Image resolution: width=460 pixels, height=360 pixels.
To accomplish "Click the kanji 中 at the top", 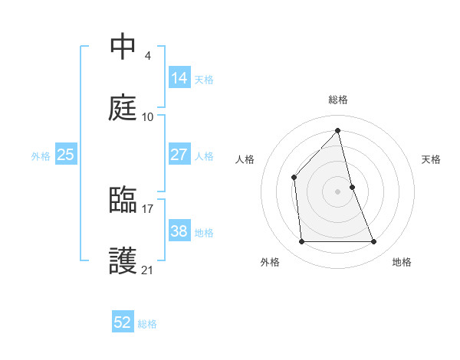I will pyautogui.click(x=123, y=47).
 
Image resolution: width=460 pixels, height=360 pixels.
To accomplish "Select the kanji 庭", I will pyautogui.click(x=123, y=108).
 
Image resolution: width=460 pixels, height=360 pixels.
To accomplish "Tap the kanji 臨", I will pyautogui.click(x=123, y=200).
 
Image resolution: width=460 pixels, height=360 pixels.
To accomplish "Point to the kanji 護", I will pyautogui.click(x=123, y=261).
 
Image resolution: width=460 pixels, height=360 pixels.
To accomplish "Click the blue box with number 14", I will pyautogui.click(x=179, y=77).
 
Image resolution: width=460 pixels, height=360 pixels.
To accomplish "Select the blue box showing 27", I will pyautogui.click(x=179, y=154).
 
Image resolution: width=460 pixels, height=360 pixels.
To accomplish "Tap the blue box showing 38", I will pyautogui.click(x=179, y=231).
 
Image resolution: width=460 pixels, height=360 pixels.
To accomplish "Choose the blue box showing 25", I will pyautogui.click(x=66, y=154).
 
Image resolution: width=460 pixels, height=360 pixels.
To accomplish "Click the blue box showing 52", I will pyautogui.click(x=123, y=322).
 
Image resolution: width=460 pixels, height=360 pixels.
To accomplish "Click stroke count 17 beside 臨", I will pyautogui.click(x=148, y=208).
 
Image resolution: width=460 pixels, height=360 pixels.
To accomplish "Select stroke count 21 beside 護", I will pyautogui.click(x=148, y=270).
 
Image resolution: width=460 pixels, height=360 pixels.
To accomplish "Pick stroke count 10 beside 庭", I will pyautogui.click(x=148, y=116).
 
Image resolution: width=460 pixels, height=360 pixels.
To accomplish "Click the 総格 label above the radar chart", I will pyautogui.click(x=338, y=100).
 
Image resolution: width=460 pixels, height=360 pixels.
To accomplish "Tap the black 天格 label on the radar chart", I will pyautogui.click(x=431, y=159).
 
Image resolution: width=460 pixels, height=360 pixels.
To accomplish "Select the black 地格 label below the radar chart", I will pyautogui.click(x=402, y=262).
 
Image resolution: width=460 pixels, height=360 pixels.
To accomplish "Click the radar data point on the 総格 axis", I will pyautogui.click(x=337, y=130).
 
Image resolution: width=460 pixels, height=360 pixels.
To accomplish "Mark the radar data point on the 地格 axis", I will pyautogui.click(x=374, y=242).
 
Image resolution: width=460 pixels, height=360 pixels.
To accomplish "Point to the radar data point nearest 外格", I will pyautogui.click(x=301, y=242).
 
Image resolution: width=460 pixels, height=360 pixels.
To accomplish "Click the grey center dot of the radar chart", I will pyautogui.click(x=337, y=191).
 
